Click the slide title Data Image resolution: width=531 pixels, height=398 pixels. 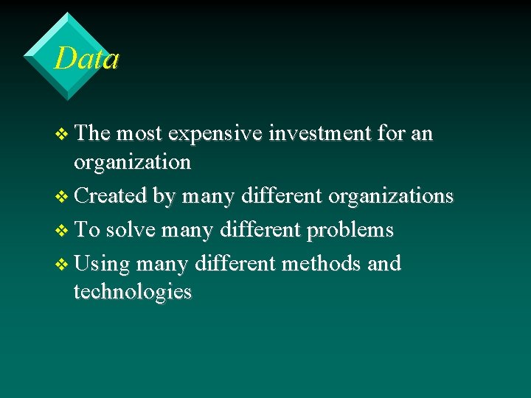coord(86,58)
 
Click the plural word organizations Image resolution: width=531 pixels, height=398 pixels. coord(390,197)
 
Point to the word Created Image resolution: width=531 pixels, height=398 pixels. coord(111,196)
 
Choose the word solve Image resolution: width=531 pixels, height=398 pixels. coord(131,230)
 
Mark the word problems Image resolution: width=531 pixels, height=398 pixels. coord(350,231)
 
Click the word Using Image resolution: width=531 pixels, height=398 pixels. coord(103,264)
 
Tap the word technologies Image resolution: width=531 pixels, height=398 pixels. coord(132,292)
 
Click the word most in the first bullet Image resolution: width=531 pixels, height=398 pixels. coord(140,134)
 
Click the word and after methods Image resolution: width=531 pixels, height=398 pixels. coord(383,263)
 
